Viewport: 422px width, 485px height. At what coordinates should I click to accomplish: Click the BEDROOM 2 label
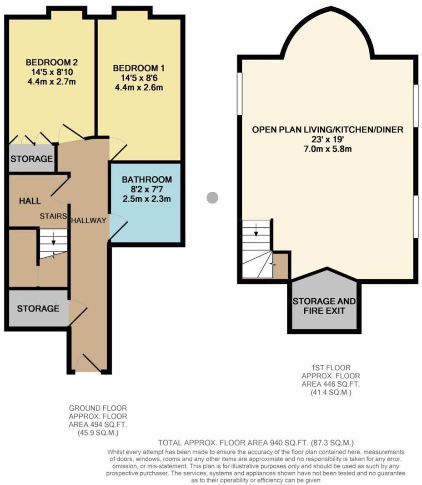coord(49,62)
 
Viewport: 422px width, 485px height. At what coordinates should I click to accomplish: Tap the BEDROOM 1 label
coord(139,68)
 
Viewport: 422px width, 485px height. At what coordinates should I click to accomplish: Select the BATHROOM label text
coord(147,179)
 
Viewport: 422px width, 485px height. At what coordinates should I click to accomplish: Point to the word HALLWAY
coord(88,220)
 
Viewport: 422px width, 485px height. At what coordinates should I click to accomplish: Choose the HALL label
coord(30,201)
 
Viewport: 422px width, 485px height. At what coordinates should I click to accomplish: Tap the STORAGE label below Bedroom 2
coord(31,159)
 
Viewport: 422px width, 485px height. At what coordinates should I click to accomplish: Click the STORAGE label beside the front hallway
coord(38,309)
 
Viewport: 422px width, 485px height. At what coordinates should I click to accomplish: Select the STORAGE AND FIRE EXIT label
coord(324,306)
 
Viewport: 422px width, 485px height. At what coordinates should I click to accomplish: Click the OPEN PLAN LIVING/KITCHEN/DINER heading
coord(327,130)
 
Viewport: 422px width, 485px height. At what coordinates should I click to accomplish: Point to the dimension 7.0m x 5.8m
coord(327,149)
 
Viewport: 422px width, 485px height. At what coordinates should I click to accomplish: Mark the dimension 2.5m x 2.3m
coord(147,199)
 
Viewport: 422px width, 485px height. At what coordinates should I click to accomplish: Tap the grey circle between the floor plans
coord(212,198)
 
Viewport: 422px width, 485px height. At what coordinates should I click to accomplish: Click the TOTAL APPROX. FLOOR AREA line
coord(256,443)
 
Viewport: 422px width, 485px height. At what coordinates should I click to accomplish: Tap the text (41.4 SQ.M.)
coord(331,392)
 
